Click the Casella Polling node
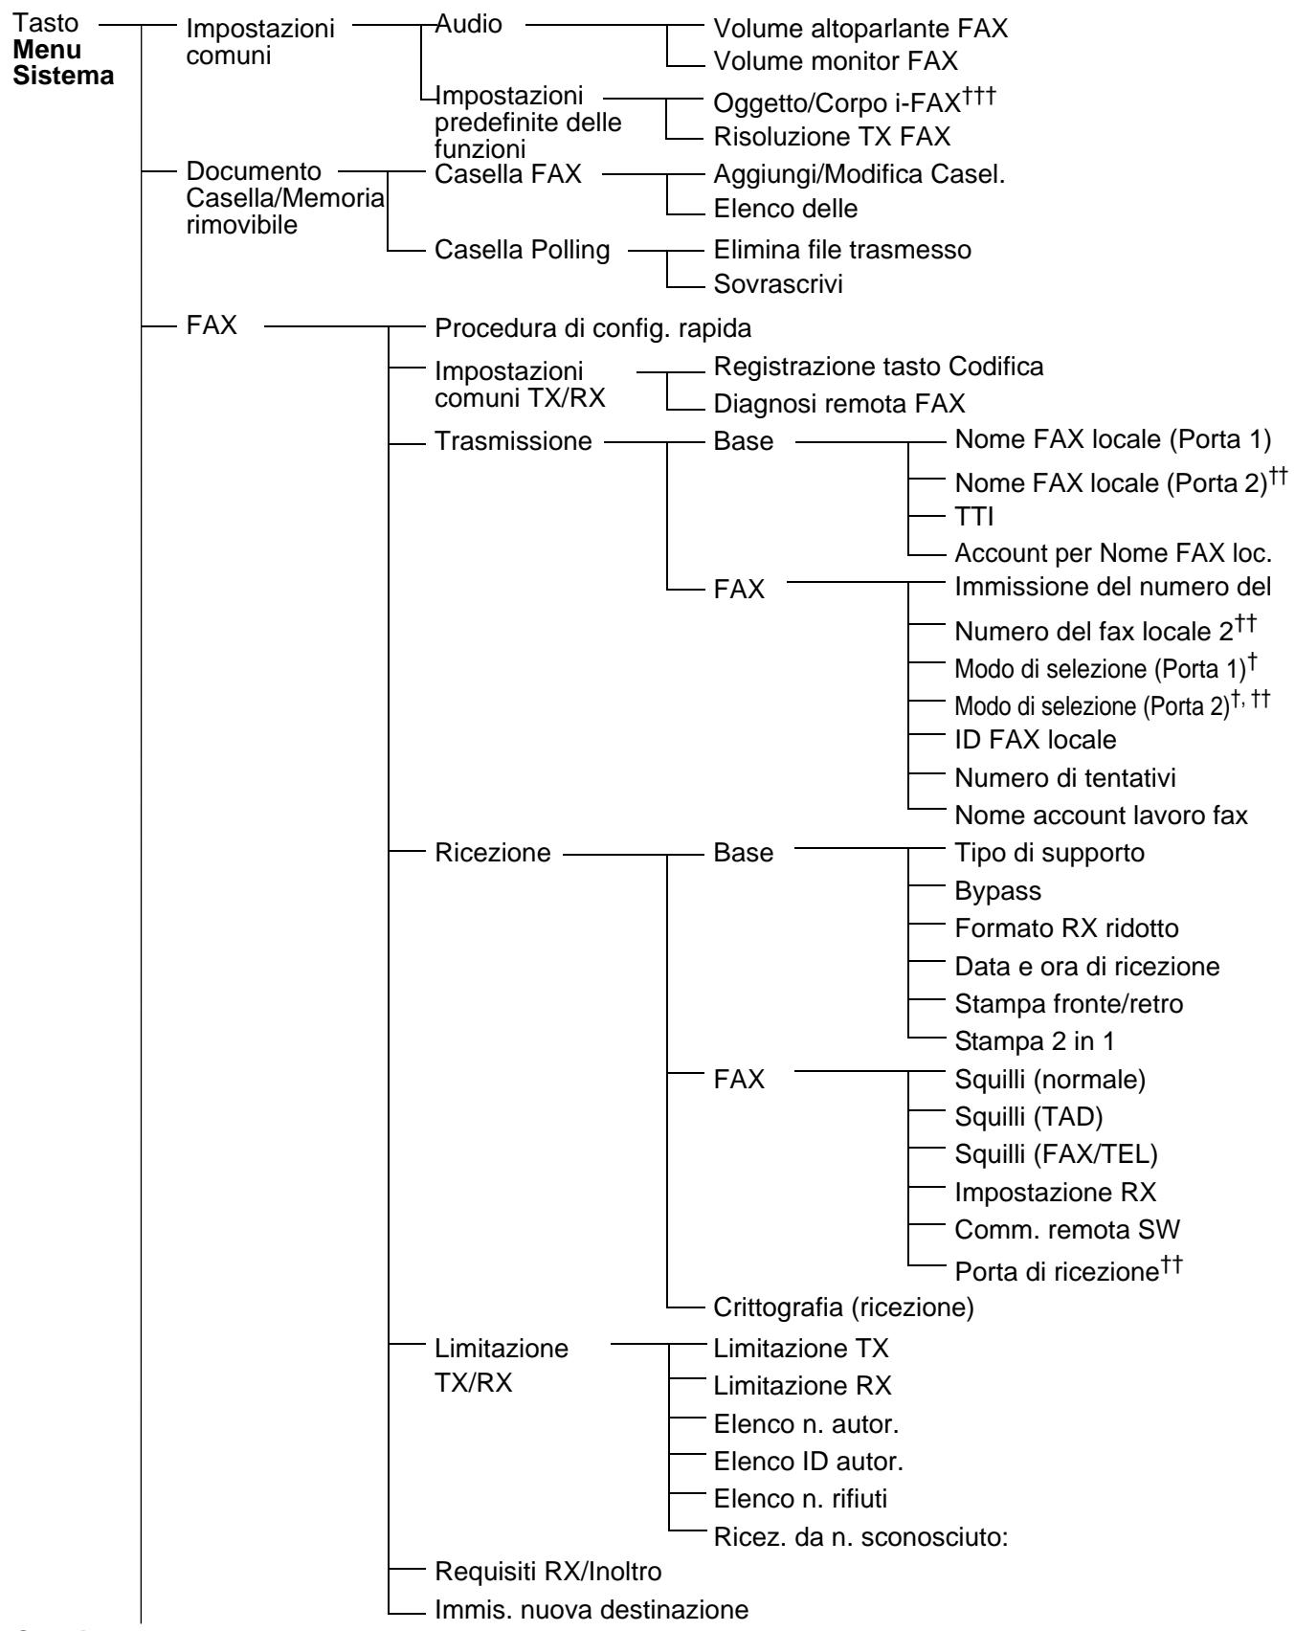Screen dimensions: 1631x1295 pos(522,251)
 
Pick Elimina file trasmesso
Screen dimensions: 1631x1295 pos(843,251)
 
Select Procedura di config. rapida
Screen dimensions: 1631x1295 pos(593,328)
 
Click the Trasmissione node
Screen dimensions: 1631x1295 pos(513,444)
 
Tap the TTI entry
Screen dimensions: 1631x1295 pos(975,519)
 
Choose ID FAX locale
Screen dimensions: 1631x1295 pos(1036,740)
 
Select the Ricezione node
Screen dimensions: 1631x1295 pos(493,853)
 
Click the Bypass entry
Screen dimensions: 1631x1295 pos(998,891)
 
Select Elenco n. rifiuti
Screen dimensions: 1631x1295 pos(806,1497)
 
